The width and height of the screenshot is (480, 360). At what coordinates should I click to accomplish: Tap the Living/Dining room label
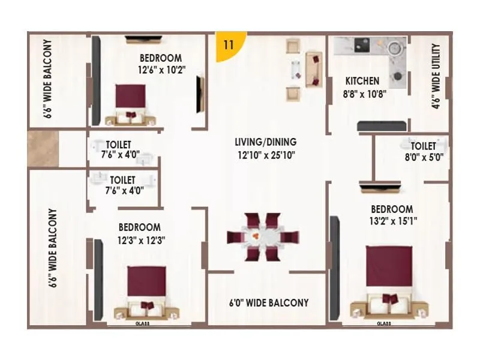(265, 142)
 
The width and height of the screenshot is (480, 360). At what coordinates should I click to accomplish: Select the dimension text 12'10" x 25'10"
(265, 155)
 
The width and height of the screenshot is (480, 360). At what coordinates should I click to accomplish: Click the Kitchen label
(362, 81)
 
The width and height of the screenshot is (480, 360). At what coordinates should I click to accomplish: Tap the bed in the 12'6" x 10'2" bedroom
(131, 103)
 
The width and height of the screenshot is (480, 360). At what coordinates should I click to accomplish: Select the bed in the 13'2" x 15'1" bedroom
(389, 281)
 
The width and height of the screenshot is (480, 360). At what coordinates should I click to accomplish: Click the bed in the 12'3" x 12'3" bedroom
(146, 291)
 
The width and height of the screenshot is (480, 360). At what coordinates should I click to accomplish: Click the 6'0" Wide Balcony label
(268, 302)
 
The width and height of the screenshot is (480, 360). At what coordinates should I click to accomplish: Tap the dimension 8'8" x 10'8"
(364, 94)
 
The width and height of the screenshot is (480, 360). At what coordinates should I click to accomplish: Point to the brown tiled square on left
(43, 149)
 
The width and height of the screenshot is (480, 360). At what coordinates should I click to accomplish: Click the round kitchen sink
(394, 48)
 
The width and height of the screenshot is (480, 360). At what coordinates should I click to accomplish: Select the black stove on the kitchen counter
(362, 46)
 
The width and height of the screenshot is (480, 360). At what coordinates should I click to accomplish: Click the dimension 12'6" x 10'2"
(160, 70)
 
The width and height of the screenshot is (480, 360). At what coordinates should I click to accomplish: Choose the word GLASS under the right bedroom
(385, 323)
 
